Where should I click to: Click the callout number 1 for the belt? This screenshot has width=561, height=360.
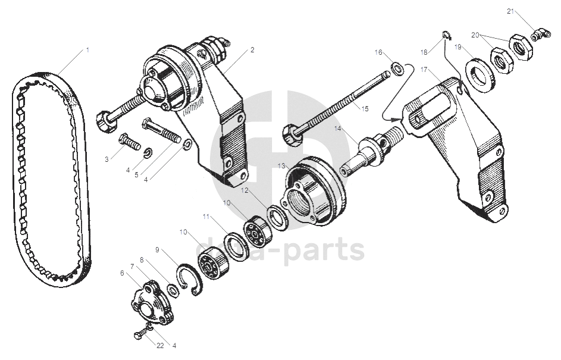pyautogui.click(x=87, y=50)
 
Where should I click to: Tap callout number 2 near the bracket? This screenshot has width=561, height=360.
pyautogui.click(x=253, y=50)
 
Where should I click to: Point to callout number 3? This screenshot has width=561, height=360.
pyautogui.click(x=106, y=159)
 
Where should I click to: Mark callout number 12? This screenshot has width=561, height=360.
pyautogui.click(x=245, y=190)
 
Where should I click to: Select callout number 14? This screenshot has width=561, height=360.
pyautogui.click(x=337, y=128)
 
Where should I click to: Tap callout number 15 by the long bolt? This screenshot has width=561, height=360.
pyautogui.click(x=365, y=108)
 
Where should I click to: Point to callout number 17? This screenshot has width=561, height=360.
pyautogui.click(x=424, y=70)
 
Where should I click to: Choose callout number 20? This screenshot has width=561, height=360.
pyautogui.click(x=475, y=35)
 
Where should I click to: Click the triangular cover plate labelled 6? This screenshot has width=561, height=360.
pyautogui.click(x=145, y=301)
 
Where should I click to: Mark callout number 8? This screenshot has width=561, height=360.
pyautogui.click(x=142, y=259)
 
